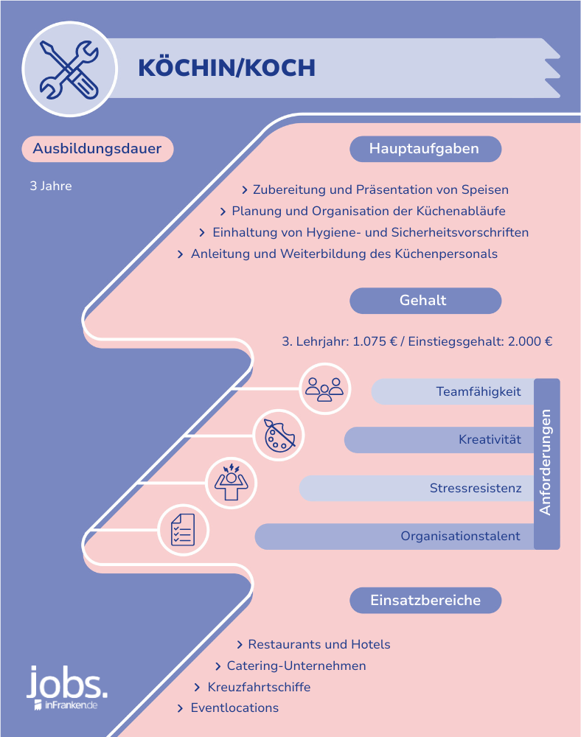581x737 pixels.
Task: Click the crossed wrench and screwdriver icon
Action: [x=69, y=69]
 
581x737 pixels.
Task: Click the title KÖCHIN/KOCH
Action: [x=226, y=67]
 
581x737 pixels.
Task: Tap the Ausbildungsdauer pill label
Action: [x=97, y=149]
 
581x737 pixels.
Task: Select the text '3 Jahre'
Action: [x=51, y=186]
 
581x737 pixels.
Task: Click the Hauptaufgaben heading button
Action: [x=425, y=149]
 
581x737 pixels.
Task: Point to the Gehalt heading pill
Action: [x=425, y=301]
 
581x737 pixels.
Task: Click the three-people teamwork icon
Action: [x=324, y=388]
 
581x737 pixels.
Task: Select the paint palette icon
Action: [x=279, y=435]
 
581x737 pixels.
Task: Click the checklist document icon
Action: [x=183, y=530]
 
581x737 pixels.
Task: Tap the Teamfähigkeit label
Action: [x=479, y=391]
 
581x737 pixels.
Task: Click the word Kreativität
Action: [x=490, y=439]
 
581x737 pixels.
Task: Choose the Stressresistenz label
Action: [x=476, y=488]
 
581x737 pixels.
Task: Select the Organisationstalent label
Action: [x=461, y=537]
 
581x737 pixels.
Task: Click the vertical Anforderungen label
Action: [x=546, y=463]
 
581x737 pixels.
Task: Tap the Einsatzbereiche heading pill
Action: [x=425, y=600]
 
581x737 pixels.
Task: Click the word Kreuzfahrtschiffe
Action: [x=259, y=687]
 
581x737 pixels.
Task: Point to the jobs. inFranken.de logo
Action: [x=67, y=687]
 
